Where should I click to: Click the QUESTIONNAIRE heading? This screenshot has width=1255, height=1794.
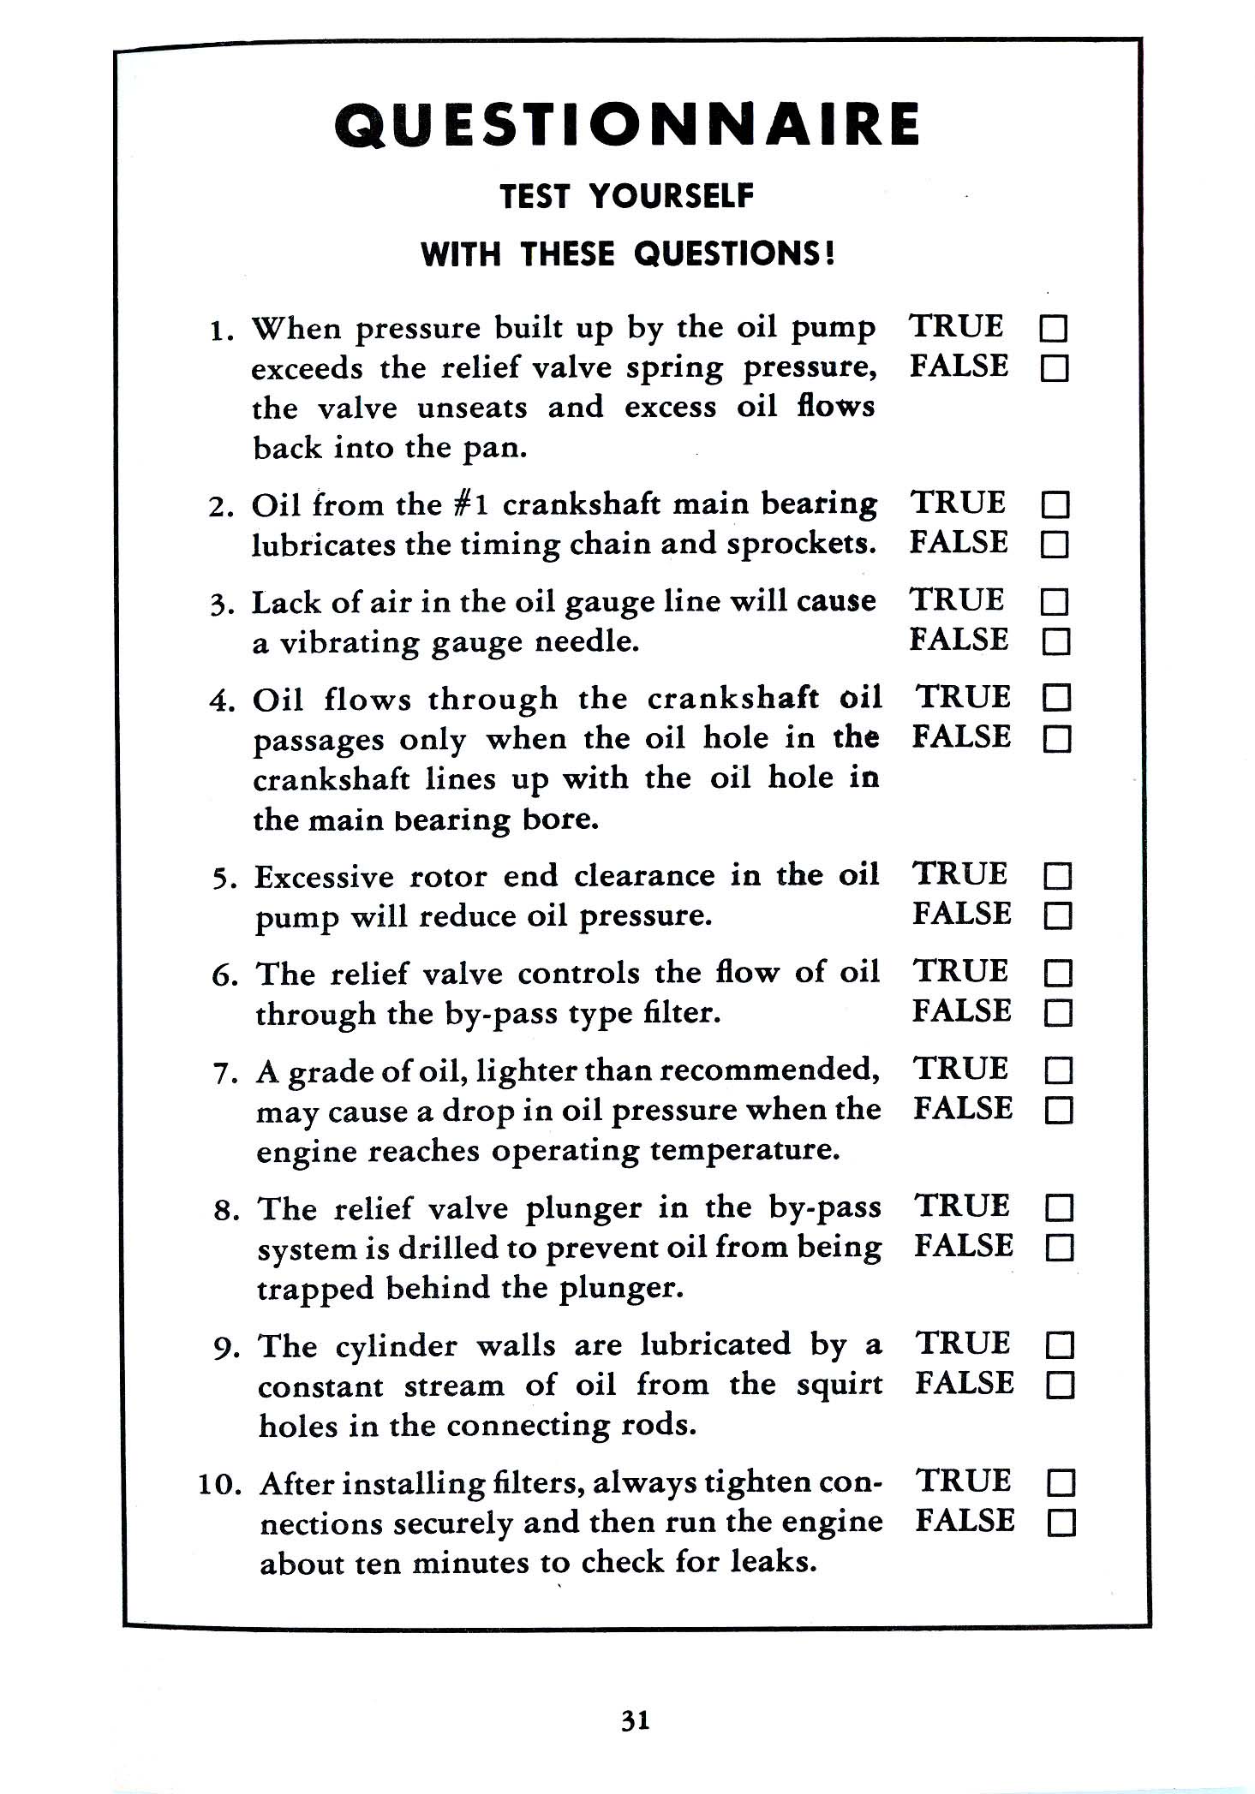coord(626,125)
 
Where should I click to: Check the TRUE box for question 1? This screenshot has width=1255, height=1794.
coord(1054,329)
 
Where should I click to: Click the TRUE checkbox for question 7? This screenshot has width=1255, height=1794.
coord(1059,1071)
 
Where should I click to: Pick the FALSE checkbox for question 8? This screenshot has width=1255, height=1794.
coord(1060,1249)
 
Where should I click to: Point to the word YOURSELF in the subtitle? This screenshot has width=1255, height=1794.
coord(671,196)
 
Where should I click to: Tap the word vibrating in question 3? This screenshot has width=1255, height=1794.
coord(349,642)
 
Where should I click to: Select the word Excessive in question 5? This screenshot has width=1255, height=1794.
coord(325,877)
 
